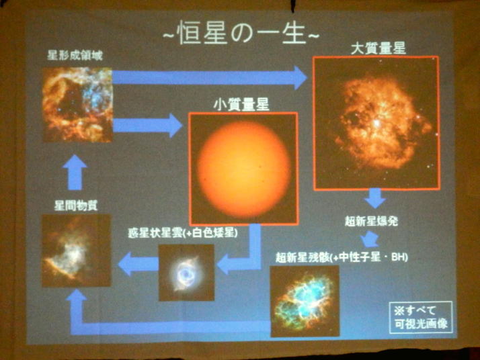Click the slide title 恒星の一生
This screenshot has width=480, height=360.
pos(241,33)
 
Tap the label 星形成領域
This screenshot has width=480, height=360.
pos(75,55)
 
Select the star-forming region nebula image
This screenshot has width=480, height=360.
pos(77,105)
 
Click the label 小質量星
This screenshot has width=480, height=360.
pos(241,104)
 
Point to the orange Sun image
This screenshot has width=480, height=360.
pos(243,169)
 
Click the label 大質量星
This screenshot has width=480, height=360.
pos(378,48)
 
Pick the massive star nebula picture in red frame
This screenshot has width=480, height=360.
pos(376,123)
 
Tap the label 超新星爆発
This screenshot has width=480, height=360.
pos(371,220)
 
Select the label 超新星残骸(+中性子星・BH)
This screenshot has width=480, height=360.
pos(342,257)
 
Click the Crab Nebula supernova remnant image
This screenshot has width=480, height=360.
pos(305,301)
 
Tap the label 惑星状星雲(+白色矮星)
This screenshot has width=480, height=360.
pos(183,233)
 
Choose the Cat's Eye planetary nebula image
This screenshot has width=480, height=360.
pos(186,273)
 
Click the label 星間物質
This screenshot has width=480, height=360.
pos(76,206)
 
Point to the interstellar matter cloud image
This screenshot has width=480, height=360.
pos(76,251)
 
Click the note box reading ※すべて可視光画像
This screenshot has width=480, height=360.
pos(421,317)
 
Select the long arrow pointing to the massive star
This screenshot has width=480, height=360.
pos(210,78)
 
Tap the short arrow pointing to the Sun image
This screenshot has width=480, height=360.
pos(148,126)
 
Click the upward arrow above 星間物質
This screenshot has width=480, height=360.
pos(75,172)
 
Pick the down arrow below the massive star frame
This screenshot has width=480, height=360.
pos(375,199)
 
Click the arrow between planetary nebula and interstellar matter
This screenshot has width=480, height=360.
pos(138,264)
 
